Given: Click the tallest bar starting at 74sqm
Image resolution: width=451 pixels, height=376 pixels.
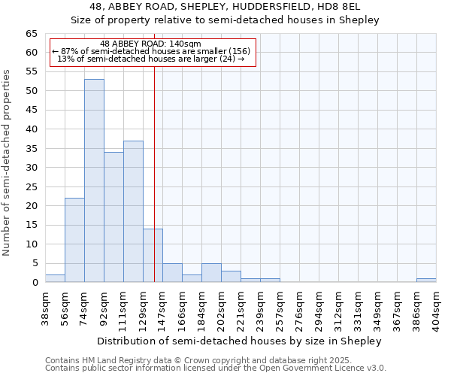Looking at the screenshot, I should click(94, 180).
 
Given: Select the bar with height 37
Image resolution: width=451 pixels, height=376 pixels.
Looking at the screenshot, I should click(133, 211).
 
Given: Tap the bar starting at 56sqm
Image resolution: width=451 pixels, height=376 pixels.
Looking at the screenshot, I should click(74, 240).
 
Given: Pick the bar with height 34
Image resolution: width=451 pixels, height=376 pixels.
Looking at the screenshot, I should click(114, 217).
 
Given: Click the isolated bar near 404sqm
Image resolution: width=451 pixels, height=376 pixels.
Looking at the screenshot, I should click(426, 280).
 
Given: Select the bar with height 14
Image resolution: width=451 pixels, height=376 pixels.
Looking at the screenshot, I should click(153, 256).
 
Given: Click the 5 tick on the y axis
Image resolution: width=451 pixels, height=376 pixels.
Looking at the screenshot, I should click(34, 263).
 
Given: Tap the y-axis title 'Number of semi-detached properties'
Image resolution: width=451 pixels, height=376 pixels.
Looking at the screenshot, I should click(8, 162).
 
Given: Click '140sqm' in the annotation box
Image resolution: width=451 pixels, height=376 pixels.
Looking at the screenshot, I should click(183, 44).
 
